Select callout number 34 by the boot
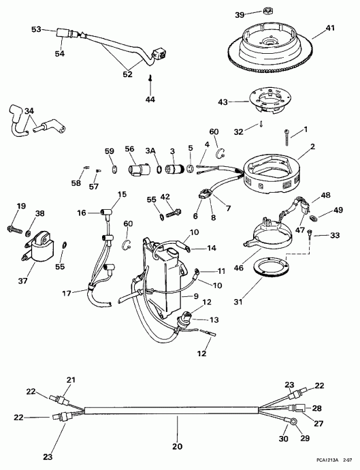click(28, 111)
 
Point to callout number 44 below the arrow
click(151, 99)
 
